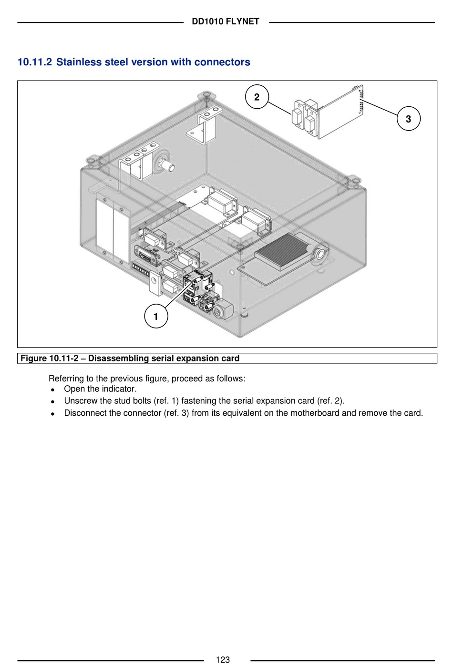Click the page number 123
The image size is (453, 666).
tap(223, 660)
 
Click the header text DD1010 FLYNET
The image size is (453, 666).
tap(226, 22)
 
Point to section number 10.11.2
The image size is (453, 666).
tap(35, 62)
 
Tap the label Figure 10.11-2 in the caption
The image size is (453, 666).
tap(50, 359)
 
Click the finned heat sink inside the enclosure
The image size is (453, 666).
tap(283, 252)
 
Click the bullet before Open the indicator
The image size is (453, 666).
tap(52, 389)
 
